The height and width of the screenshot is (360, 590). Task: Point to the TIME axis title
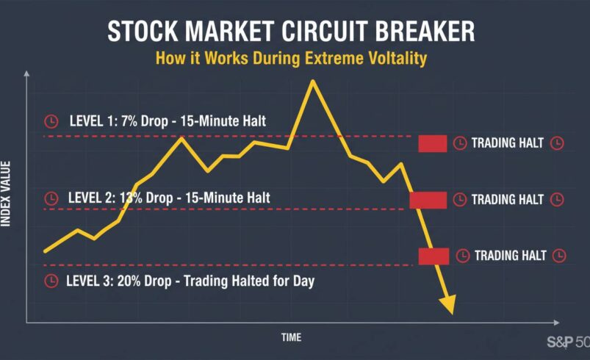pyautogui.click(x=291, y=337)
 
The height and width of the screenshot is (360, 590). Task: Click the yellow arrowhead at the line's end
pyautogui.click(x=447, y=303)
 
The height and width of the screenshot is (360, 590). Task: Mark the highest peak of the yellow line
pyautogui.click(x=313, y=80)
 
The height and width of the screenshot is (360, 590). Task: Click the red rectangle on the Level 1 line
pyautogui.click(x=432, y=143)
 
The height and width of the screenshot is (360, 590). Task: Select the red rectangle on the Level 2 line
pyautogui.click(x=428, y=200)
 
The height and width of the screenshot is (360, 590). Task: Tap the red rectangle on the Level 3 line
pyautogui.click(x=433, y=256)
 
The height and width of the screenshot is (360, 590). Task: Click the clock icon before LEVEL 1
pyautogui.click(x=51, y=120)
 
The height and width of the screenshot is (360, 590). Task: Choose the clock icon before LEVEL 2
pyautogui.click(x=51, y=198)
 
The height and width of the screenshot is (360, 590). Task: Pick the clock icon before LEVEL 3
pyautogui.click(x=51, y=281)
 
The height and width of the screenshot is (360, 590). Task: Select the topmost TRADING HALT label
pyautogui.click(x=507, y=143)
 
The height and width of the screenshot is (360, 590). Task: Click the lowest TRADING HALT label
pyautogui.click(x=510, y=256)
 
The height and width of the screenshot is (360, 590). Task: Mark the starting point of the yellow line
pyautogui.click(x=46, y=251)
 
